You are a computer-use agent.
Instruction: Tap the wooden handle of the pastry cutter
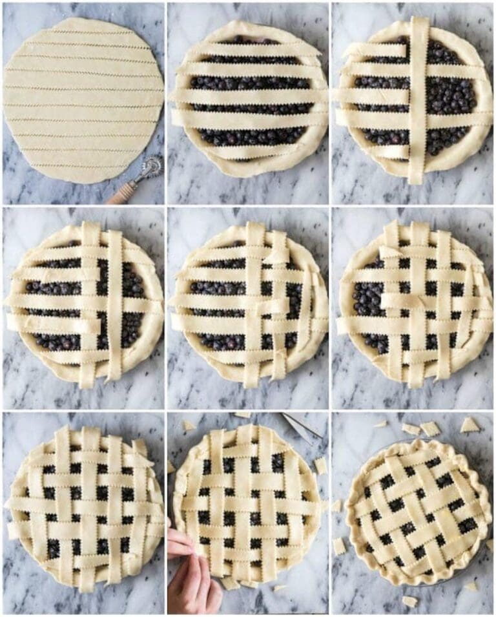coord(122,193)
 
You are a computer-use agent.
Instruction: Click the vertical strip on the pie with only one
coord(418,97)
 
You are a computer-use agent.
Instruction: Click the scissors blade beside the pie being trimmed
coord(300,424)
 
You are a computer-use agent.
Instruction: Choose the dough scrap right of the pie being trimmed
coord(320,465)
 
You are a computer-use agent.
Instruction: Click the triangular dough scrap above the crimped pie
coord(470,425)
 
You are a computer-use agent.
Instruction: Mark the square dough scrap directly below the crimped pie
coord(409,601)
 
